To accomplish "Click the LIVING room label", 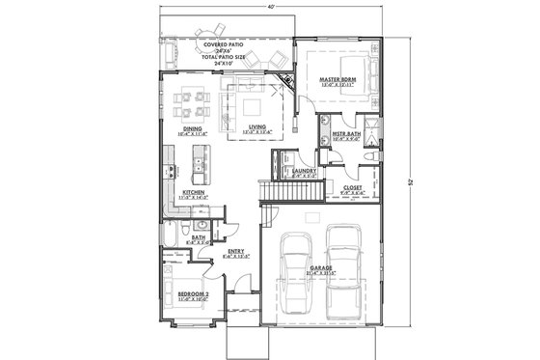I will [x=257, y=126].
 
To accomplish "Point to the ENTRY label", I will [x=235, y=253].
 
